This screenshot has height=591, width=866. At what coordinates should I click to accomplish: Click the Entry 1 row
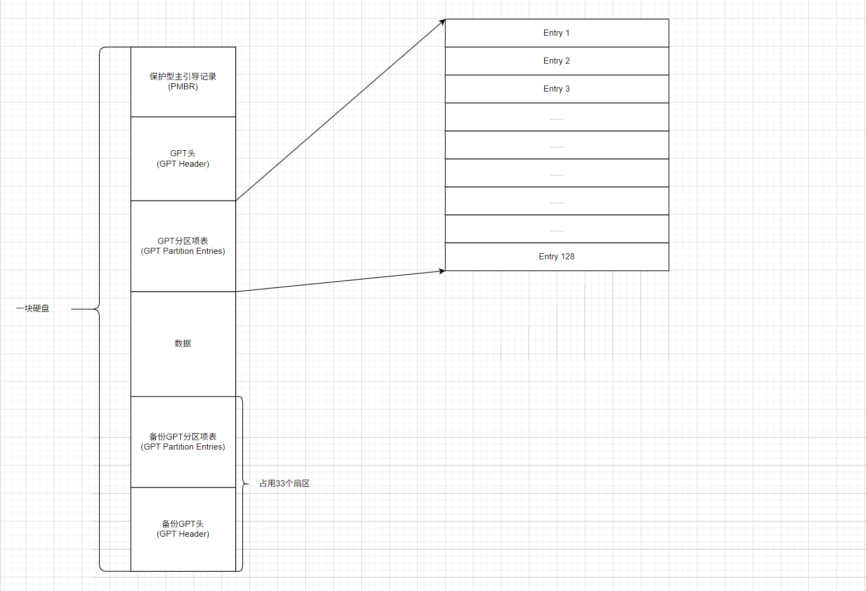point(556,33)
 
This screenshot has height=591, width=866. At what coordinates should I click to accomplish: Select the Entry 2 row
point(556,61)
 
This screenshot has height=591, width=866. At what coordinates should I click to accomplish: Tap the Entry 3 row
point(556,89)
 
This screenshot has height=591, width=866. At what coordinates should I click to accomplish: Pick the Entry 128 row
point(556,257)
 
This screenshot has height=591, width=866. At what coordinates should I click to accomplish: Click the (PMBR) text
point(183,87)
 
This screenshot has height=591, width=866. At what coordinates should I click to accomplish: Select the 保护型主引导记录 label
point(183,77)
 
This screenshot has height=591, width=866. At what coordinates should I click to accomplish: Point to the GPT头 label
point(183,154)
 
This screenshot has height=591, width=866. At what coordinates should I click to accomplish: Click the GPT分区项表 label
point(183,241)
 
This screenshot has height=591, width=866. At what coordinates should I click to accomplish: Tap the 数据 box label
point(183,344)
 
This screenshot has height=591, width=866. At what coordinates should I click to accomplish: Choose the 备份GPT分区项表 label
point(183,437)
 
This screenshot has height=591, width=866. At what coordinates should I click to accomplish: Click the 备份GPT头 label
point(183,524)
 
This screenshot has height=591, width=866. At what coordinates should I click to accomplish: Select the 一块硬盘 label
point(33,309)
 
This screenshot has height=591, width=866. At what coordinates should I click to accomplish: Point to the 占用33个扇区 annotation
point(284,484)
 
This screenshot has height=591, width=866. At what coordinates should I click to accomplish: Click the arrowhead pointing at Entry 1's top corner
point(442,22)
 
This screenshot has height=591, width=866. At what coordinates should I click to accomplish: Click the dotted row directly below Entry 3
point(556,117)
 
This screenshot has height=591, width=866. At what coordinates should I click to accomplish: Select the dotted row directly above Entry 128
point(556,229)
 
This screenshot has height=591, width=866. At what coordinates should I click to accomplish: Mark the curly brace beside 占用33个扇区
point(243,484)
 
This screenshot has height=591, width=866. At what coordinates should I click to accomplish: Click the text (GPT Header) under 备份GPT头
point(183,534)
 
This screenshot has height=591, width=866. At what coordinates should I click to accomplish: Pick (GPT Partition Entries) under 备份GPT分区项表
point(183,447)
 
